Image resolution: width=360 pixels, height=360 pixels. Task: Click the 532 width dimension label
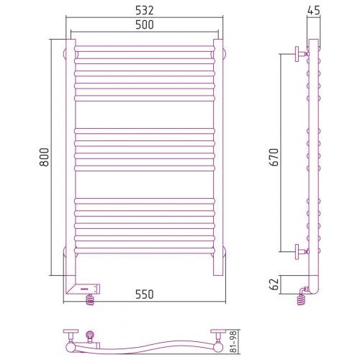click(x=144, y=10)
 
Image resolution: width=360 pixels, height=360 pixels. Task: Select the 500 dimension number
click(x=144, y=24)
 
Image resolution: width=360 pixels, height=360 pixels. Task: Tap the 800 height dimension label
click(x=44, y=157)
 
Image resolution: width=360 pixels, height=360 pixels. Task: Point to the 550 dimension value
click(x=144, y=294)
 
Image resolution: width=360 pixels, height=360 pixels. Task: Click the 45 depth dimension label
click(x=313, y=10)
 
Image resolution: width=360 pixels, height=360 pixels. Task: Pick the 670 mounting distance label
click(x=274, y=157)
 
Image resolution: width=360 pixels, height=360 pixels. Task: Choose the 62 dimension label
click(x=274, y=284)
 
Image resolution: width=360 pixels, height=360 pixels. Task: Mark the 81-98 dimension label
click(x=233, y=341)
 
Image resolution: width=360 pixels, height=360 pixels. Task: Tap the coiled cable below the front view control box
click(x=90, y=300)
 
